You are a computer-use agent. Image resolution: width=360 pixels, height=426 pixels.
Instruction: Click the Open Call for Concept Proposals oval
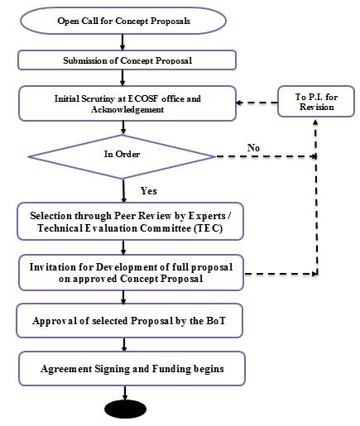123,21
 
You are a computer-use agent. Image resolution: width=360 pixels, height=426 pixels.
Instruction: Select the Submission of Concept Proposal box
127,60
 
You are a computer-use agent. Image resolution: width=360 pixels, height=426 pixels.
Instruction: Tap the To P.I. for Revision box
316,102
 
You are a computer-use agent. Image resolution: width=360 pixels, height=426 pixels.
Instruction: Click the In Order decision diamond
122,156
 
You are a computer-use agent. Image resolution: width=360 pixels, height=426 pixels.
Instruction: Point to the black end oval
126,409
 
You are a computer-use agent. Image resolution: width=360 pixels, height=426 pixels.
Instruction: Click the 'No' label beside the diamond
253,148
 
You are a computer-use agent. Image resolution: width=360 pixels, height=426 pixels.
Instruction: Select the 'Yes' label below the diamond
149,191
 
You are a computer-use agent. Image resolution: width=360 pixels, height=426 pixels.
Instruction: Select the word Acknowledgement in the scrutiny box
127,110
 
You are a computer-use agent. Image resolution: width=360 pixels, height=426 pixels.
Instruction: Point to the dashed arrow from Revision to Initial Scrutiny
257,103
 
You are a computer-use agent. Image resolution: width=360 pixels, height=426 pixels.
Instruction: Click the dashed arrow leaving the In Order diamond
266,156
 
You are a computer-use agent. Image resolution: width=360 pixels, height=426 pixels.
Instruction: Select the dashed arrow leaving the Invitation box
281,274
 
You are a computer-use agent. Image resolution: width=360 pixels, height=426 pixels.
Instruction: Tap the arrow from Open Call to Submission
122,42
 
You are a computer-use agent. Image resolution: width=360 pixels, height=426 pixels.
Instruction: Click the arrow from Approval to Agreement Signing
124,345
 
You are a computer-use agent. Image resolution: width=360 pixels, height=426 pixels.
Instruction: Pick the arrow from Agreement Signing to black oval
125,393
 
